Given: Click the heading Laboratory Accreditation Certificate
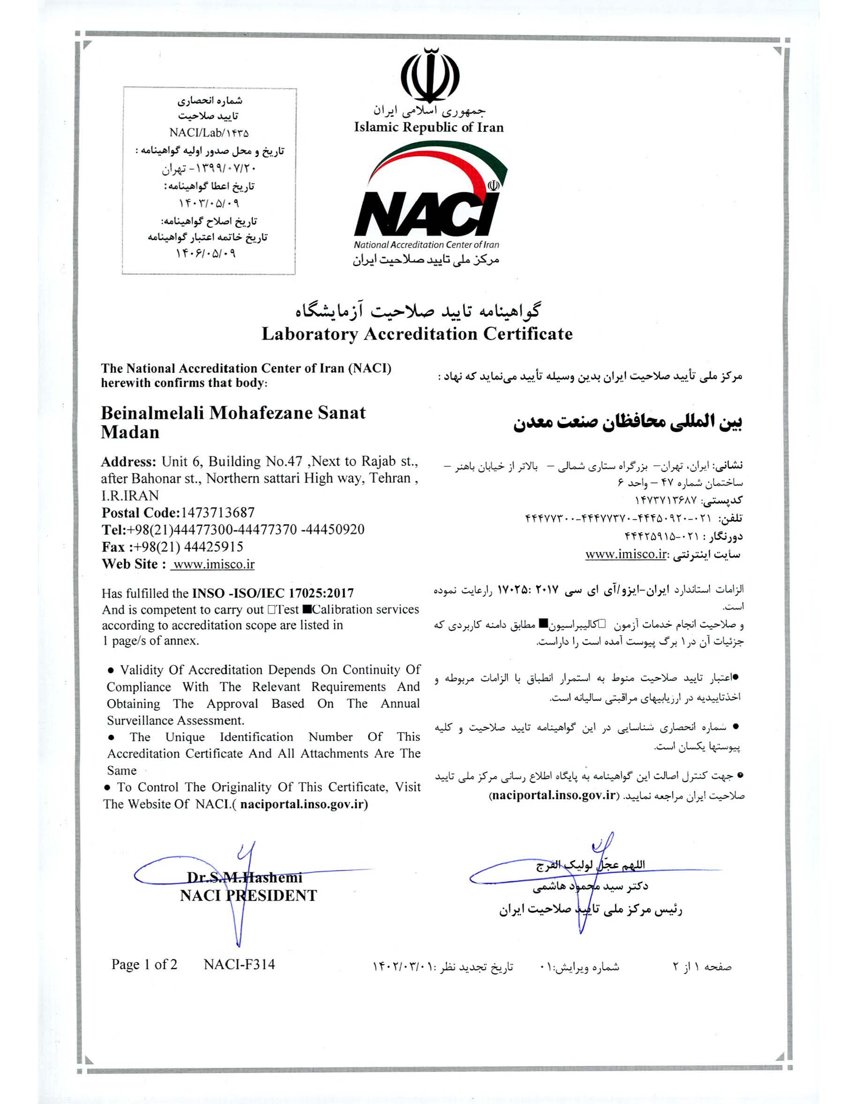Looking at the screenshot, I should coord(417,334).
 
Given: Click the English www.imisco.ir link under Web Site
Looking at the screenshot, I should coord(213,564).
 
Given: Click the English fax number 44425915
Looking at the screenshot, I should coord(214,547).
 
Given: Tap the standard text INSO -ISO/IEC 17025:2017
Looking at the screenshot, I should coord(273,593).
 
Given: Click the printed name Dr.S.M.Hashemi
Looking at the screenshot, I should coord(245,877).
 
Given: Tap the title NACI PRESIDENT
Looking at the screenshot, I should coord(248,896).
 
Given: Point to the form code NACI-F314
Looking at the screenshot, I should coord(239,965).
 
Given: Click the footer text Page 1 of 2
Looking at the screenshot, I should coord(144,965).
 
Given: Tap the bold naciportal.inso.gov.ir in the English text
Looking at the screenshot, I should coord(305,804).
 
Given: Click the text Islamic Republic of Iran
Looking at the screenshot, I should coord(429,128).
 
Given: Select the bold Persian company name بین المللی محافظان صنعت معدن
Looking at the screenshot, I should coord(628,423).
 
